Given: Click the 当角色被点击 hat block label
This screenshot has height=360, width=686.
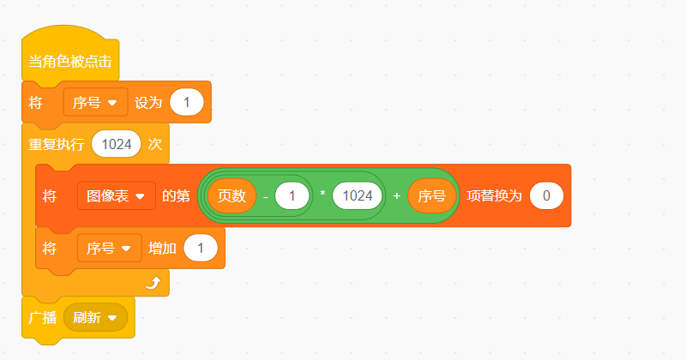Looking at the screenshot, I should click(x=69, y=63).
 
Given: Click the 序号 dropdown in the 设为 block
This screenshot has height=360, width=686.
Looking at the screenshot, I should click(x=95, y=103).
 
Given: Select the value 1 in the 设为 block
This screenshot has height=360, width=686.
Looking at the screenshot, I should click(x=186, y=103).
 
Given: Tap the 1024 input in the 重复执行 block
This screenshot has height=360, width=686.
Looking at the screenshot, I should click(x=116, y=144).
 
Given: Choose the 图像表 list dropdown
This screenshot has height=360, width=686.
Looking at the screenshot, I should click(x=116, y=195).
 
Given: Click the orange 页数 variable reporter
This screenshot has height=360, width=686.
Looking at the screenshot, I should click(x=232, y=195).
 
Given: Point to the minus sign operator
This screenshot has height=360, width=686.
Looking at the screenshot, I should click(x=266, y=196).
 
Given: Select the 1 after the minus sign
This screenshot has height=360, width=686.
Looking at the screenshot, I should click(x=292, y=195).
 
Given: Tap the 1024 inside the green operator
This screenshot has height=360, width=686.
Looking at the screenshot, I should click(x=357, y=195).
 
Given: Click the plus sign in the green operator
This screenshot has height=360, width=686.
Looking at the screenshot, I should click(x=396, y=196).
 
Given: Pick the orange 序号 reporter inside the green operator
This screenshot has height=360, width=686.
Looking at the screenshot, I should click(x=431, y=195).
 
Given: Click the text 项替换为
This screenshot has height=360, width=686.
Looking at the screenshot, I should click(x=494, y=195).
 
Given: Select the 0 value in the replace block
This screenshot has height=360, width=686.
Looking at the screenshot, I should click(x=546, y=195).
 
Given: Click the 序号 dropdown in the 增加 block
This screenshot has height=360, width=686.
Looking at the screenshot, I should click(x=109, y=249).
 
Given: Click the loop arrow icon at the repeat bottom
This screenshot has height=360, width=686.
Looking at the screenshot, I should click(x=153, y=283).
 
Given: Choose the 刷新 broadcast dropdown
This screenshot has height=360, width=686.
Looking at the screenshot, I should click(x=95, y=317).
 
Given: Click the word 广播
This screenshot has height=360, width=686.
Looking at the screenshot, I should click(x=42, y=317).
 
